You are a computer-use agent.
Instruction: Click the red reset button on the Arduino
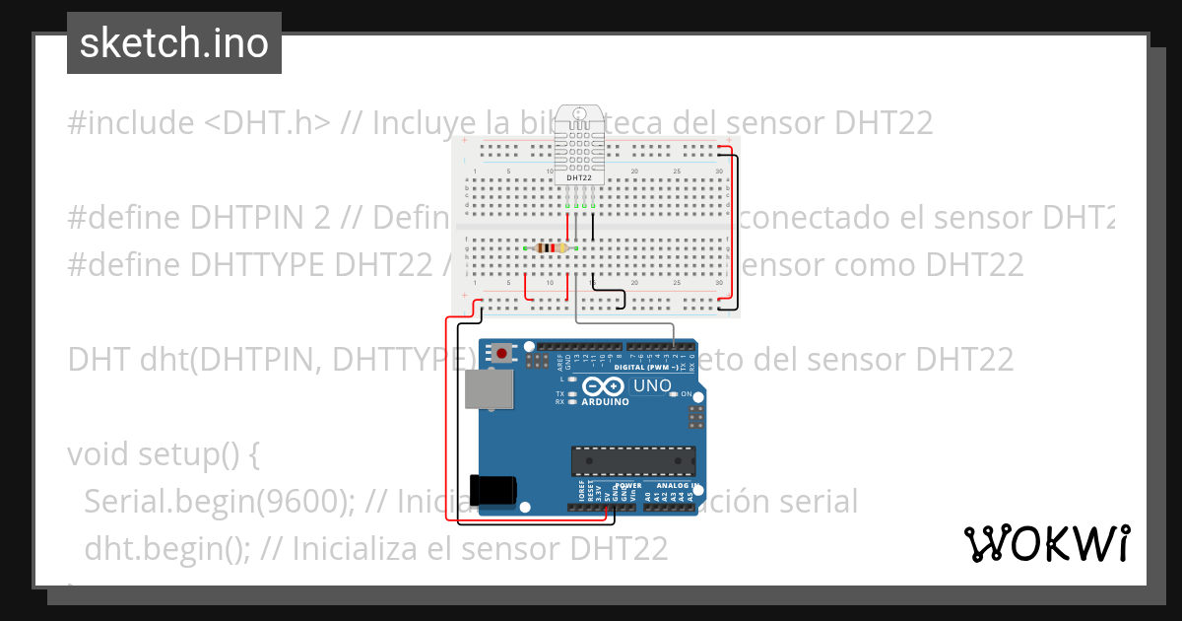(x=504, y=352)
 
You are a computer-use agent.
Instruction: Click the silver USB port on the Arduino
(x=487, y=389)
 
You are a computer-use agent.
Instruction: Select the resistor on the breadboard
(x=549, y=248)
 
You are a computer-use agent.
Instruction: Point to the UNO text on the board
(x=651, y=385)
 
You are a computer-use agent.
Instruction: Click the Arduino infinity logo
(x=603, y=386)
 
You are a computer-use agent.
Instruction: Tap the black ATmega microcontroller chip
(x=633, y=460)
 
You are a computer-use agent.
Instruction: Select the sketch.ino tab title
(x=174, y=43)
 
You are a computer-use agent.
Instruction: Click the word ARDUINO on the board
(x=604, y=402)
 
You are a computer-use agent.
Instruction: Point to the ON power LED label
(x=687, y=394)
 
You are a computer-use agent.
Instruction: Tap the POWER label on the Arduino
(x=627, y=486)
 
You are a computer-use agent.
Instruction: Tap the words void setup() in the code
(x=153, y=455)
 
